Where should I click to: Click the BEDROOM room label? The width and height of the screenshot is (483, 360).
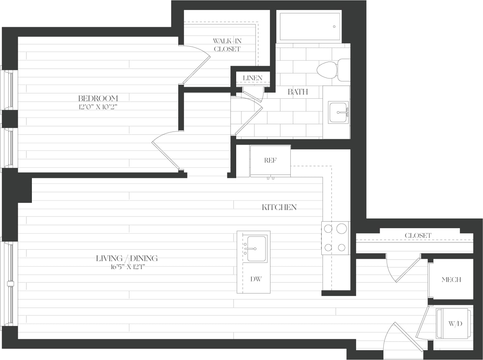tap(98, 98)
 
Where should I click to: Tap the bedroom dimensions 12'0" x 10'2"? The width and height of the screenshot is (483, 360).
tap(98, 106)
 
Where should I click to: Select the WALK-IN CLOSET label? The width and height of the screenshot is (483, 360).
tap(227, 45)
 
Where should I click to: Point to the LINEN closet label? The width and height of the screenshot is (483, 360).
tap(252, 78)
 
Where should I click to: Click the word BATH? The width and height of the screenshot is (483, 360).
tap(298, 92)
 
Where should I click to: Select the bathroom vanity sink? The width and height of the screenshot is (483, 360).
tap(338, 112)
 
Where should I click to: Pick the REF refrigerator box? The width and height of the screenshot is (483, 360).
tap(270, 160)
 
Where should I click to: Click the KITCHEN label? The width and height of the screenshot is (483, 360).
tap(279, 207)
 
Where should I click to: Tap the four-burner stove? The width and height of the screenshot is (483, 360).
tap(335, 238)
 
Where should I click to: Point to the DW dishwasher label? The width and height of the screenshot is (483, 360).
tap(256, 279)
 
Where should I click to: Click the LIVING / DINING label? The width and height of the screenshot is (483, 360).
tap(127, 258)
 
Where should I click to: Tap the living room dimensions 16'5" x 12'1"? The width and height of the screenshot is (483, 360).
tap(127, 266)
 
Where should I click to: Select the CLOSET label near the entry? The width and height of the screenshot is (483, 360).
tap(418, 235)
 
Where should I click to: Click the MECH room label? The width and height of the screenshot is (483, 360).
tap(451, 279)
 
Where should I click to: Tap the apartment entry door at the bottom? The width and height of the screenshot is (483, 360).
tap(403, 339)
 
